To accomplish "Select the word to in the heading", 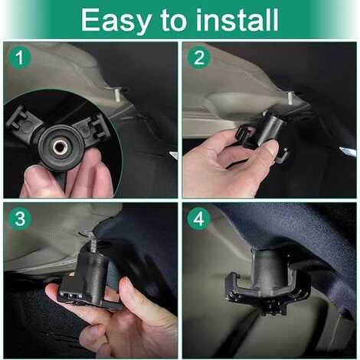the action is pyautogui.click(x=174, y=21).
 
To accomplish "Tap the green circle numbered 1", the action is pyautogui.click(x=20, y=57).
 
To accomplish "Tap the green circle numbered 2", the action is pyautogui.click(x=199, y=57).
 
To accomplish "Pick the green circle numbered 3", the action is pyautogui.click(x=20, y=218).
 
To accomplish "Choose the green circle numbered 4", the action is pyautogui.click(x=199, y=218).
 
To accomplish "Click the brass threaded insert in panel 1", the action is pyautogui.click(x=61, y=146).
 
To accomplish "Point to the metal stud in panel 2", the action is pyautogui.click(x=290, y=98).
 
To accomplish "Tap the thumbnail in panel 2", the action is pyautogui.click(x=273, y=150).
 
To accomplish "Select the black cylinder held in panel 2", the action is pyautogui.click(x=274, y=128).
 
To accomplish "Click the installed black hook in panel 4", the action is pyautogui.click(x=268, y=281).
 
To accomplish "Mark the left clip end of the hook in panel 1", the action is pyautogui.click(x=19, y=118).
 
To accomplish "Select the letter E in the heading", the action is pyautogui.click(x=90, y=20).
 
